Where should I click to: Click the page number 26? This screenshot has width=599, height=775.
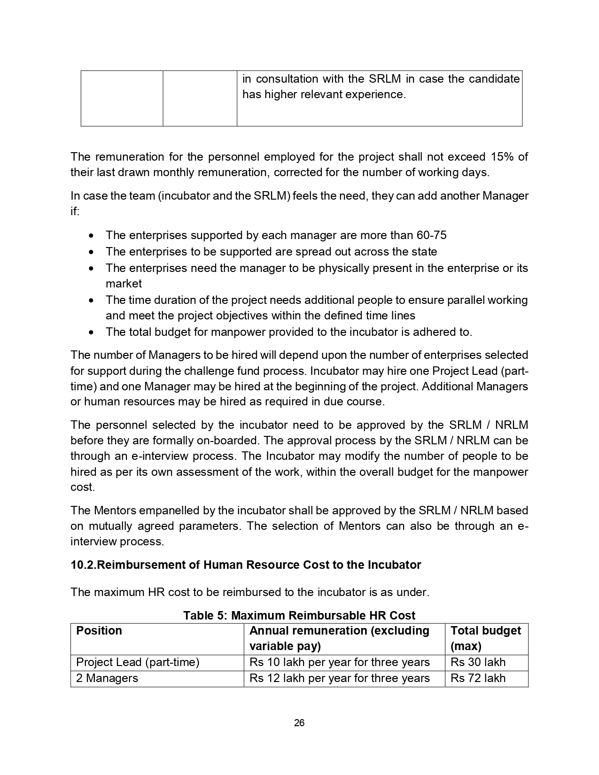coord(299,723)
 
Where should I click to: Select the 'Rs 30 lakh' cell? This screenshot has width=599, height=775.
coord(478,662)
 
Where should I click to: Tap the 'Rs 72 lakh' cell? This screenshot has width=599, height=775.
coord(478,678)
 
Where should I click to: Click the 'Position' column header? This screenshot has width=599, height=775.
coord(99,631)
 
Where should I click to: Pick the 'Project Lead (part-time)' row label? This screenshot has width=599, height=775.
coord(138,662)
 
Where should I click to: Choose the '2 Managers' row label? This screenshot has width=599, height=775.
coord(107,678)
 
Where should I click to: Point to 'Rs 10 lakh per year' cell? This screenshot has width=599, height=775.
coord(339,662)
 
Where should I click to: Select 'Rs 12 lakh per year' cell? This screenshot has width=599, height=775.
coord(339,678)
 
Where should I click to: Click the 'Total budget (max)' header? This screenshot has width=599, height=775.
coord(485,638)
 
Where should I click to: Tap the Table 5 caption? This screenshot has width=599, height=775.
coord(299,615)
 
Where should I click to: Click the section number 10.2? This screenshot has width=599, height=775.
coord(83,565)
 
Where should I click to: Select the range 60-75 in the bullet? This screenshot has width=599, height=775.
coord(431,235)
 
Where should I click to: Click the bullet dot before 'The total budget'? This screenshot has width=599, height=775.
coord(91,333)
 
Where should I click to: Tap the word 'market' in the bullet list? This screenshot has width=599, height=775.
coord(124,284)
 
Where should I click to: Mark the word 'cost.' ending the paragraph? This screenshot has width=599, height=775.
coord(83,487)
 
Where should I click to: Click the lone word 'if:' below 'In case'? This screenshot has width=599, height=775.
coord(75,211)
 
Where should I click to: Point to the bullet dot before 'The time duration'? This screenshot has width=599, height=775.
coord(91,300)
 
